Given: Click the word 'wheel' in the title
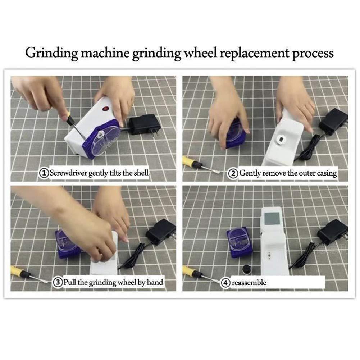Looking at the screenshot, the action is click(x=200, y=53).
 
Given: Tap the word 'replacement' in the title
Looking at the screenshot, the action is click(x=254, y=53).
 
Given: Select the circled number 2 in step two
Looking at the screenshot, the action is click(x=233, y=173).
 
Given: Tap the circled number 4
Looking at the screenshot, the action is click(x=225, y=283).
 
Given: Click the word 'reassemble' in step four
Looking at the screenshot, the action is click(x=249, y=283).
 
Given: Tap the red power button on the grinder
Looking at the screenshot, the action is click(x=106, y=108).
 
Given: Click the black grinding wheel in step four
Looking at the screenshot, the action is click(x=246, y=269).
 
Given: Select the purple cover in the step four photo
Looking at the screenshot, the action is click(x=240, y=242).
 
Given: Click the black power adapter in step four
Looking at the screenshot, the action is click(x=332, y=232).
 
